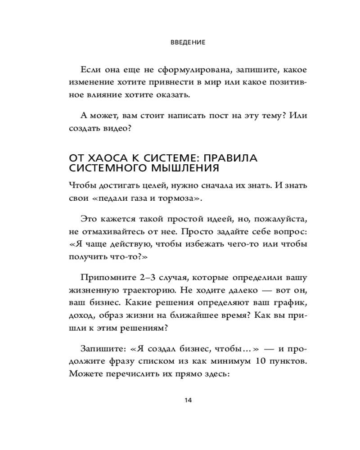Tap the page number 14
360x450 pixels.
189,400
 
